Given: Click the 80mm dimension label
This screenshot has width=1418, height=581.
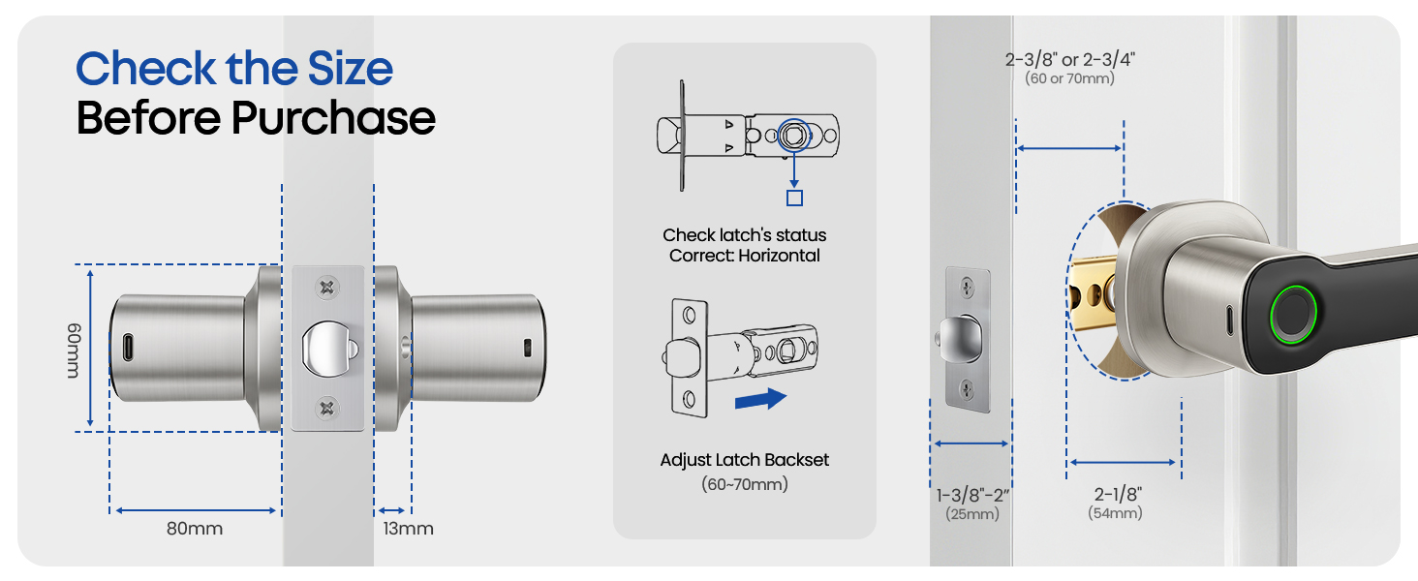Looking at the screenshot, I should [x=195, y=529].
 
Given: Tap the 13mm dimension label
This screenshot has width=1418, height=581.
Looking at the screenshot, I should [x=408, y=529].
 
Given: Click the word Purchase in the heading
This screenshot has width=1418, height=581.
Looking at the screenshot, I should [x=332, y=118].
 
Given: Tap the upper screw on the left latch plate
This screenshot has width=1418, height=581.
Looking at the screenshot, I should [x=327, y=287].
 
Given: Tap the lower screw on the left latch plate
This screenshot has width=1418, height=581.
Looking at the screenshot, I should [x=327, y=408].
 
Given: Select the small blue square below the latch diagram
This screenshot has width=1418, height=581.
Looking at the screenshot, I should [x=794, y=199].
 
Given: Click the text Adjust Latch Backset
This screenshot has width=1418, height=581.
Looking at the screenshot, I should [x=745, y=460].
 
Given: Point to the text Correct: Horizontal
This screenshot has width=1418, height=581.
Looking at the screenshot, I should [x=745, y=256].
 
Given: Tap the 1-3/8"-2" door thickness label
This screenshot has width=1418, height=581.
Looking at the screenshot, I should [x=971, y=496].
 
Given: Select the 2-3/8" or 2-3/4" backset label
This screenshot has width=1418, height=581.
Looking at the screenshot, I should [x=1069, y=59].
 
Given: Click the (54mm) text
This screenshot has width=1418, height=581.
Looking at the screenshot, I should [x=1115, y=513].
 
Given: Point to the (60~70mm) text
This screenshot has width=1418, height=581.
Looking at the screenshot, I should [x=745, y=483].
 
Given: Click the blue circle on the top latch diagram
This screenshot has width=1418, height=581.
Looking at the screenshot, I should [x=793, y=135].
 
